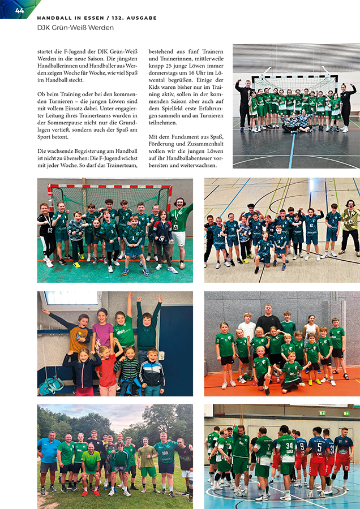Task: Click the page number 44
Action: pyautogui.click(x=20, y=10)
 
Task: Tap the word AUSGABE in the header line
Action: pyautogui.click(x=138, y=18)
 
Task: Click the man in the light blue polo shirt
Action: pyautogui.click(x=49, y=458)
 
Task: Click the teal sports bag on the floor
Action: pyautogui.click(x=52, y=385)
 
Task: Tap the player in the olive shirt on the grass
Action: pyautogui.click(x=146, y=464)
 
